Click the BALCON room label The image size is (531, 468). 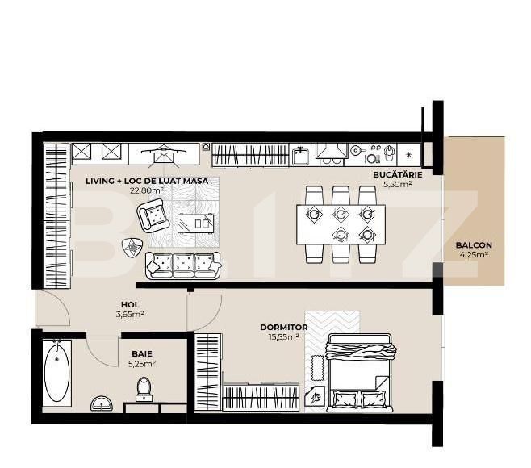coord(474,244)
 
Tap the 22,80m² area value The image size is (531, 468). coord(147,190)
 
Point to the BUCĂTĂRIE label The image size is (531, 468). coord(398,175)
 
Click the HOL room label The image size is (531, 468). coord(130,304)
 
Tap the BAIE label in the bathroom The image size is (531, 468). coord(142,354)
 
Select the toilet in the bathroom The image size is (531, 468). coord(144,390)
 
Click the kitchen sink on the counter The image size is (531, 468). coord(300,156)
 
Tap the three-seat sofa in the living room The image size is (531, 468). coord(183,265)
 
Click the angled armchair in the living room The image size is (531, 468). coord(153,215)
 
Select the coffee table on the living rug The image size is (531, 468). coord(196,224)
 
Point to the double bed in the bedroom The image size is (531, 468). coord(360,373)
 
